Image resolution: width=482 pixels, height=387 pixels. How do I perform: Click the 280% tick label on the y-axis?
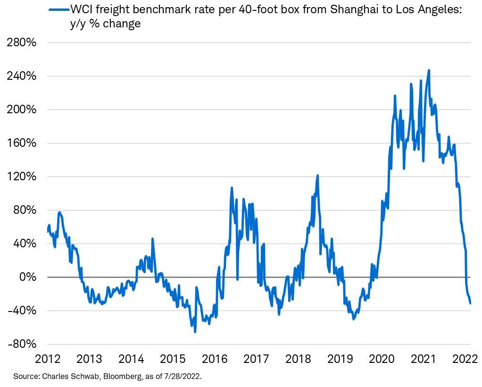click(21, 42)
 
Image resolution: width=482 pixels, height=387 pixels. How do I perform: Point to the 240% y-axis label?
click(21, 76)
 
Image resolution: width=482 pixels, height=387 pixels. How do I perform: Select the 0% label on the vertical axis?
click(26, 277)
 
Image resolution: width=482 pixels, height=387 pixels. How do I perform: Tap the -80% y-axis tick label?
click(21, 344)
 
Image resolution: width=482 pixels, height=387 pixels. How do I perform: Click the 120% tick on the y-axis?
click(21, 177)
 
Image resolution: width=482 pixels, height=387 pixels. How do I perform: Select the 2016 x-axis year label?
click(215, 360)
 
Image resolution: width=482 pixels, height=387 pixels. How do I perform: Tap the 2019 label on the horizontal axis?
click(340, 360)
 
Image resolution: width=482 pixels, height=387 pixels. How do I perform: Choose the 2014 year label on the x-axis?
click(132, 360)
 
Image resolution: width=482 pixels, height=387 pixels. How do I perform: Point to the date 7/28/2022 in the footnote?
click(186, 377)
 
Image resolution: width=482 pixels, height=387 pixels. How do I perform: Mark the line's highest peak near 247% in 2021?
click(429, 70)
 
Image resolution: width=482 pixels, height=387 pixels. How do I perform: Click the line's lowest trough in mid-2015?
click(195, 332)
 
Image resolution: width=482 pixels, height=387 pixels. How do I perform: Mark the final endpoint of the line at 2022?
click(470, 303)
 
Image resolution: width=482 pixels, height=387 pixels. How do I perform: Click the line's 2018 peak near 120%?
click(318, 176)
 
